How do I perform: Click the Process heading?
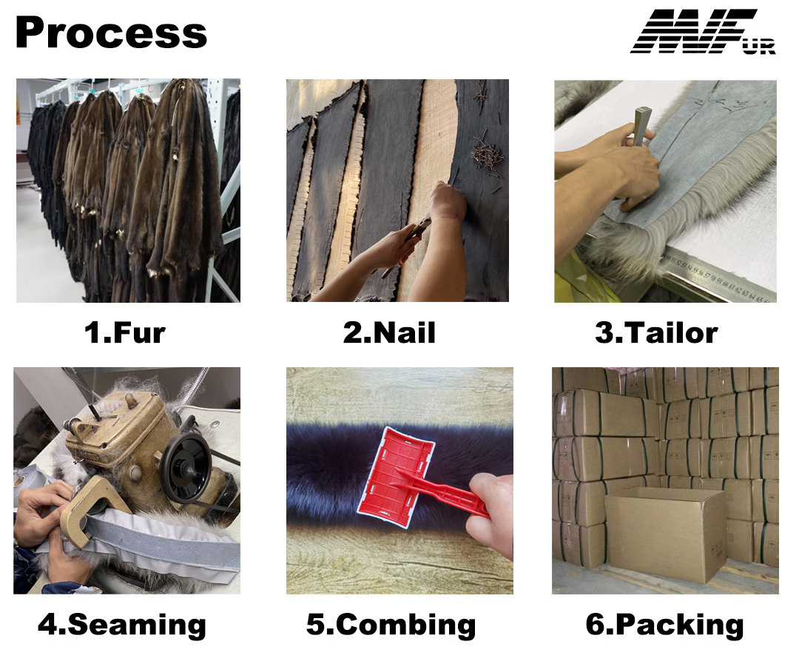[x=111, y=33]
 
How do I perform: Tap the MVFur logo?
[x=704, y=31]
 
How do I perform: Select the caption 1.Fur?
[x=125, y=332]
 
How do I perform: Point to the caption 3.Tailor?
[x=656, y=332]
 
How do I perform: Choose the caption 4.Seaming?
[x=122, y=624]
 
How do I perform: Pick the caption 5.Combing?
[x=391, y=624]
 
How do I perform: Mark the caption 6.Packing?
[x=664, y=624]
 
